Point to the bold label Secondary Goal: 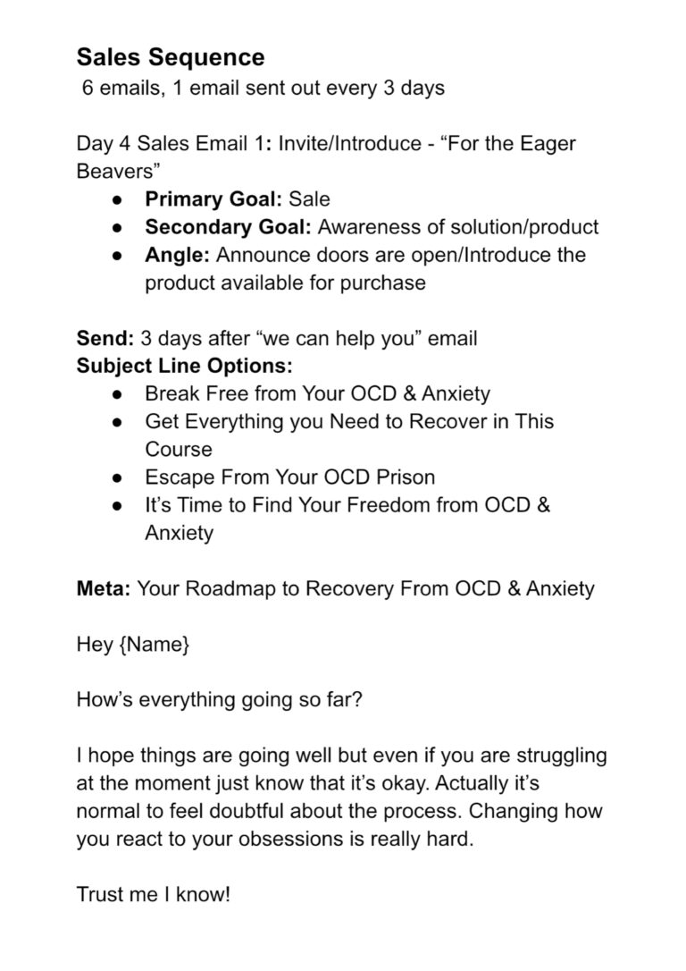[228, 227]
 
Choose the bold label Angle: [178, 255]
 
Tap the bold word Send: [104, 339]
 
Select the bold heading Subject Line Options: [184, 367]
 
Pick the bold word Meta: [105, 589]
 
